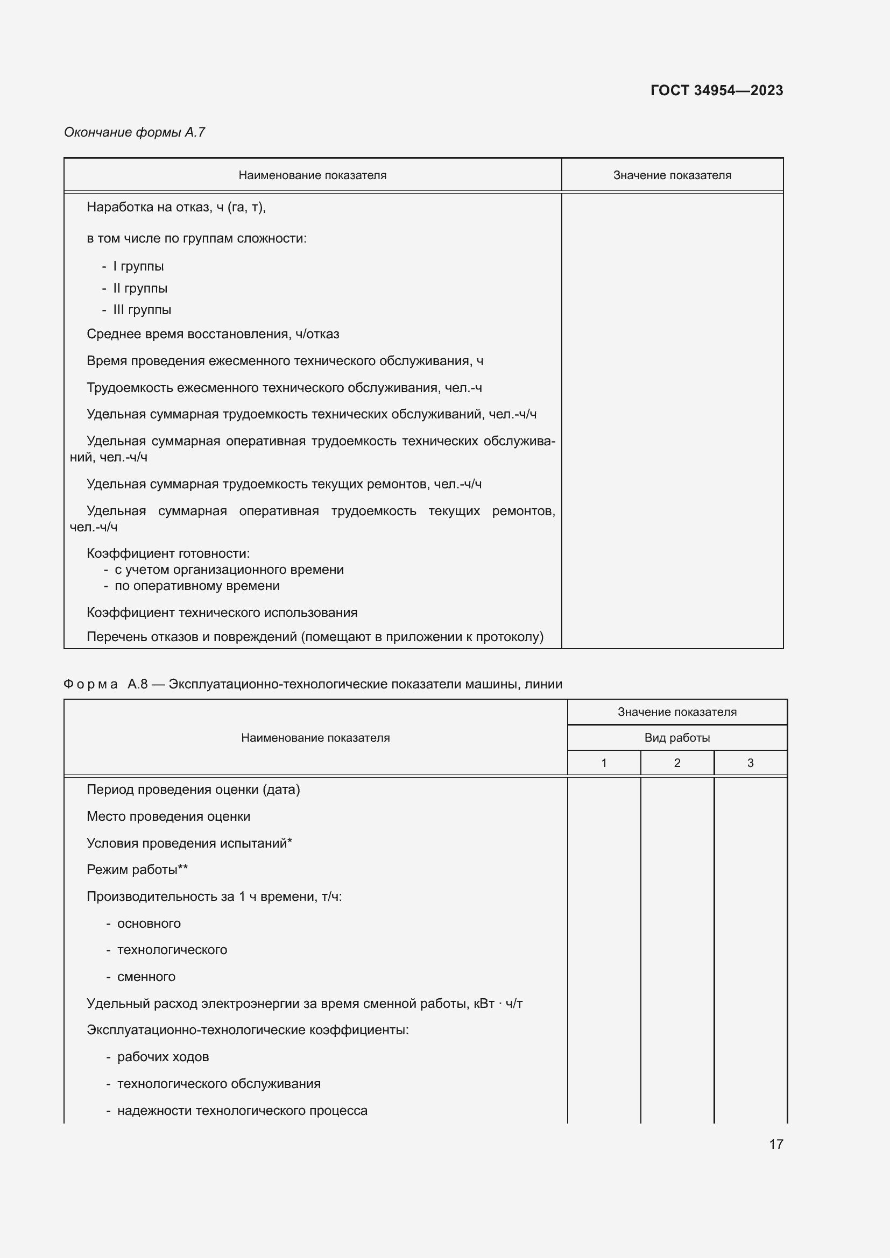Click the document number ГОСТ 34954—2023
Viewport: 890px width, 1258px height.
(x=716, y=90)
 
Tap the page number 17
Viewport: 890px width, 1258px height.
(x=775, y=1144)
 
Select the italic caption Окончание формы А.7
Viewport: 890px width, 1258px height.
(x=135, y=132)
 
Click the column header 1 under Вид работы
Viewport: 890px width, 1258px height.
(x=603, y=763)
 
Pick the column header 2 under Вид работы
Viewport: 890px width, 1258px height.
(x=677, y=763)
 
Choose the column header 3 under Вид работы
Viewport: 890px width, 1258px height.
(x=750, y=763)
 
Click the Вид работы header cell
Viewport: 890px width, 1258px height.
(x=677, y=737)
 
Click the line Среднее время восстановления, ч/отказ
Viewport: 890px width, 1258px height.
(x=213, y=334)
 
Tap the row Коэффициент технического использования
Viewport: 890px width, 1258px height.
(x=222, y=613)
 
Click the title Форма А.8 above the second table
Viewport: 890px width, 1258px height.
(x=313, y=684)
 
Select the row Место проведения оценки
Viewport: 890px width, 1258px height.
(x=168, y=816)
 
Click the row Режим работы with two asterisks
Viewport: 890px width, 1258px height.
(x=137, y=870)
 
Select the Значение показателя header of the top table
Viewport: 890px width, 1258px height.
(x=672, y=175)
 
